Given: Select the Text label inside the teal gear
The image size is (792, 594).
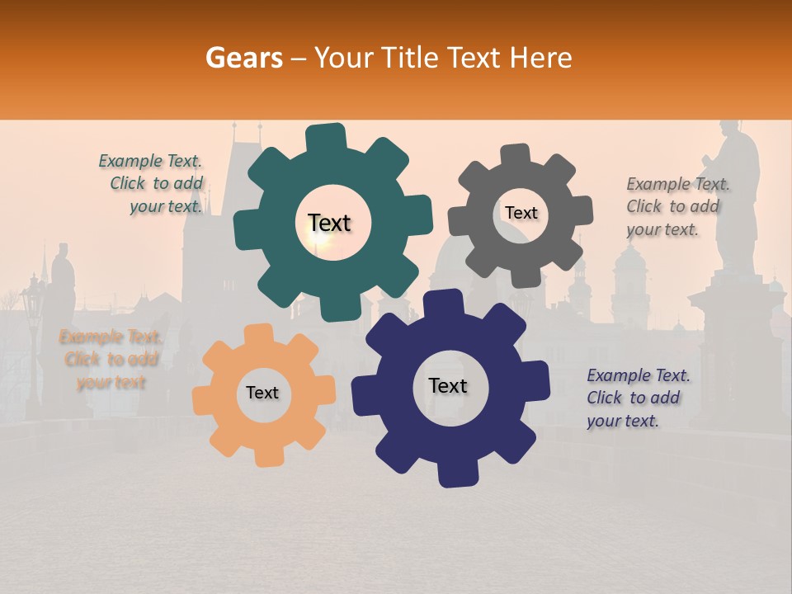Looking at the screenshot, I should pyautogui.click(x=329, y=223).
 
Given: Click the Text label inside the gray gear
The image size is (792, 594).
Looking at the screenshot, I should pyautogui.click(x=521, y=213).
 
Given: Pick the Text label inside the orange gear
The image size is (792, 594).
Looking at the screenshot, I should pyautogui.click(x=262, y=393).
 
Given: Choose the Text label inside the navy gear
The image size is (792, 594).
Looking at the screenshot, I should pyautogui.click(x=448, y=385).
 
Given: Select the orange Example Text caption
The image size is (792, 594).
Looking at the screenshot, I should pyautogui.click(x=111, y=360).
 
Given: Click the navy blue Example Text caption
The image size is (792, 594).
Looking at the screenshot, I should pyautogui.click(x=638, y=398).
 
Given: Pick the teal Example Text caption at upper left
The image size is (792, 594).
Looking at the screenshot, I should pyautogui.click(x=153, y=184).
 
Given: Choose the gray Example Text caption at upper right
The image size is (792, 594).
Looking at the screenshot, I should pyautogui.click(x=677, y=206).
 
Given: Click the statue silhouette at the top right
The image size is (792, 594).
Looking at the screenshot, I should pyautogui.click(x=737, y=190).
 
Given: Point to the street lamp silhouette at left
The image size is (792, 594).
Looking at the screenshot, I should pyautogui.click(x=32, y=330).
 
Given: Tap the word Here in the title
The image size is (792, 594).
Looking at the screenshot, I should pyautogui.click(x=541, y=58).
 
